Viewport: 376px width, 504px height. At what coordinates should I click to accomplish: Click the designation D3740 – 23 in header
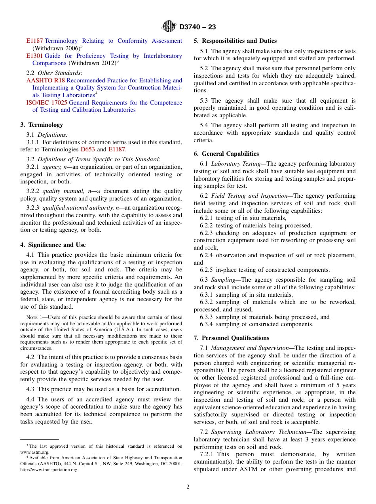tap(197, 27)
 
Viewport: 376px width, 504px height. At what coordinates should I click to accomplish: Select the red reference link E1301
tap(34, 56)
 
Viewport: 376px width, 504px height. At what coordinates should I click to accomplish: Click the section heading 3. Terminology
tap(42, 125)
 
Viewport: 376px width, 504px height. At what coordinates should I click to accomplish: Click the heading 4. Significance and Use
tap(53, 245)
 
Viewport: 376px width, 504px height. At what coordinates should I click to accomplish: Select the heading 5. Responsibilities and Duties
tap(235, 41)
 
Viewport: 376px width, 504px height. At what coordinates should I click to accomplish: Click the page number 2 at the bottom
tap(188, 487)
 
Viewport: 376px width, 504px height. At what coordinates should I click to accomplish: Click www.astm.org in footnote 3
tap(35, 452)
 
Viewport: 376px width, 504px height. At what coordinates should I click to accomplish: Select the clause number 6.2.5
tap(207, 270)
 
